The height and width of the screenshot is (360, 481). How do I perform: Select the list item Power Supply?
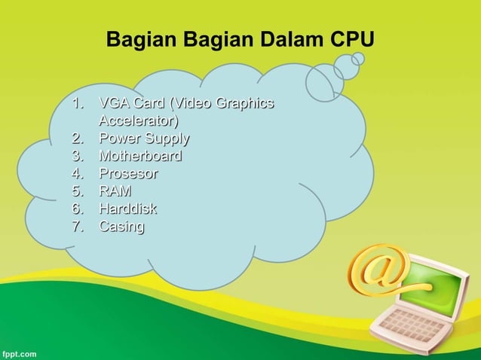143,139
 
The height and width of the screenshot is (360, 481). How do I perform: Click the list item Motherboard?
140,157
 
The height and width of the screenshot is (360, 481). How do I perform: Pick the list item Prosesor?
128,174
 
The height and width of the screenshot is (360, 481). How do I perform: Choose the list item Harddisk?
127,209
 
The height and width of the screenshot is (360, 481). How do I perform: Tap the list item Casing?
121,226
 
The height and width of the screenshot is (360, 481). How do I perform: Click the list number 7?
78,226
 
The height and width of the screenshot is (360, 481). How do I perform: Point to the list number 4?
78,174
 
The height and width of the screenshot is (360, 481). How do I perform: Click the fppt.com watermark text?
18,352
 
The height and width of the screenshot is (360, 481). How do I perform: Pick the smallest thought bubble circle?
358,58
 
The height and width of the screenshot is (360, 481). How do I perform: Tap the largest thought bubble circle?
325,81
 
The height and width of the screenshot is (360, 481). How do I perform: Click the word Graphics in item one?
245,103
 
